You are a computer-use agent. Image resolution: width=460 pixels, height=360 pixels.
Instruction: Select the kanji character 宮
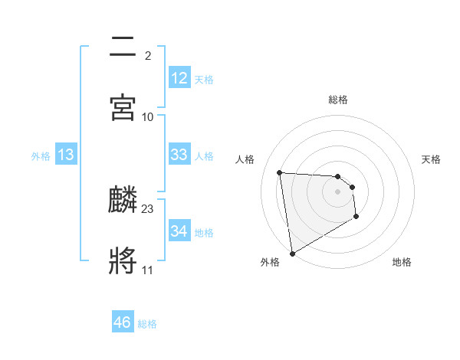[123, 106]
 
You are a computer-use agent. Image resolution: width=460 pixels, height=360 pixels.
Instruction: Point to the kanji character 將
[123, 260]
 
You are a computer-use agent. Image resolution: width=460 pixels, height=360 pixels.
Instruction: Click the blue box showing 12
[179, 78]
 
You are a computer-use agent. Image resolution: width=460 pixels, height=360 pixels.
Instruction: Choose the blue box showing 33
[179, 155]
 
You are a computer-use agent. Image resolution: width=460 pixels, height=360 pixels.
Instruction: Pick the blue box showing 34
[179, 231]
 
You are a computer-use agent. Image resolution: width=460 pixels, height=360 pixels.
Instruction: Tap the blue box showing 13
[66, 155]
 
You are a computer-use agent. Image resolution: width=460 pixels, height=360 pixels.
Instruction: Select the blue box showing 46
[123, 322]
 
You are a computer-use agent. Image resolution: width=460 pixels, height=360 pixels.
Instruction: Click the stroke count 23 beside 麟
[148, 208]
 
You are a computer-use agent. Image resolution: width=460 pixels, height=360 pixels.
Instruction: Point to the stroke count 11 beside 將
[147, 270]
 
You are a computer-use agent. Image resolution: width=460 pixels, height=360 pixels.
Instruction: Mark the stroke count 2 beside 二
[148, 55]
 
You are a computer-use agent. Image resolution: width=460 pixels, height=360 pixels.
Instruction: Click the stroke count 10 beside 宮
[148, 116]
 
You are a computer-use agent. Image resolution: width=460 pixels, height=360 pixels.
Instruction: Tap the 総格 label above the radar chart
[338, 100]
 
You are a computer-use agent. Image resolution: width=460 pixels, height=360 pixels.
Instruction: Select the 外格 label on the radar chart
[270, 262]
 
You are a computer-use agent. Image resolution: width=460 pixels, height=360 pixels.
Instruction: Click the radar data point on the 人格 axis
[280, 172]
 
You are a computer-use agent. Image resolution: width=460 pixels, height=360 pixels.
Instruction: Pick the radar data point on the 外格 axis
[292, 252]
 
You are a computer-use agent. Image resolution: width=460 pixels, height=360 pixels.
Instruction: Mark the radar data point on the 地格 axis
[356, 217]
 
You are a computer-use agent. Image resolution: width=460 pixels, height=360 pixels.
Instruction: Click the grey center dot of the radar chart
[337, 192]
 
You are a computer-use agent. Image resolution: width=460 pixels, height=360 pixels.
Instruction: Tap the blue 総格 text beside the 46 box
[147, 324]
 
